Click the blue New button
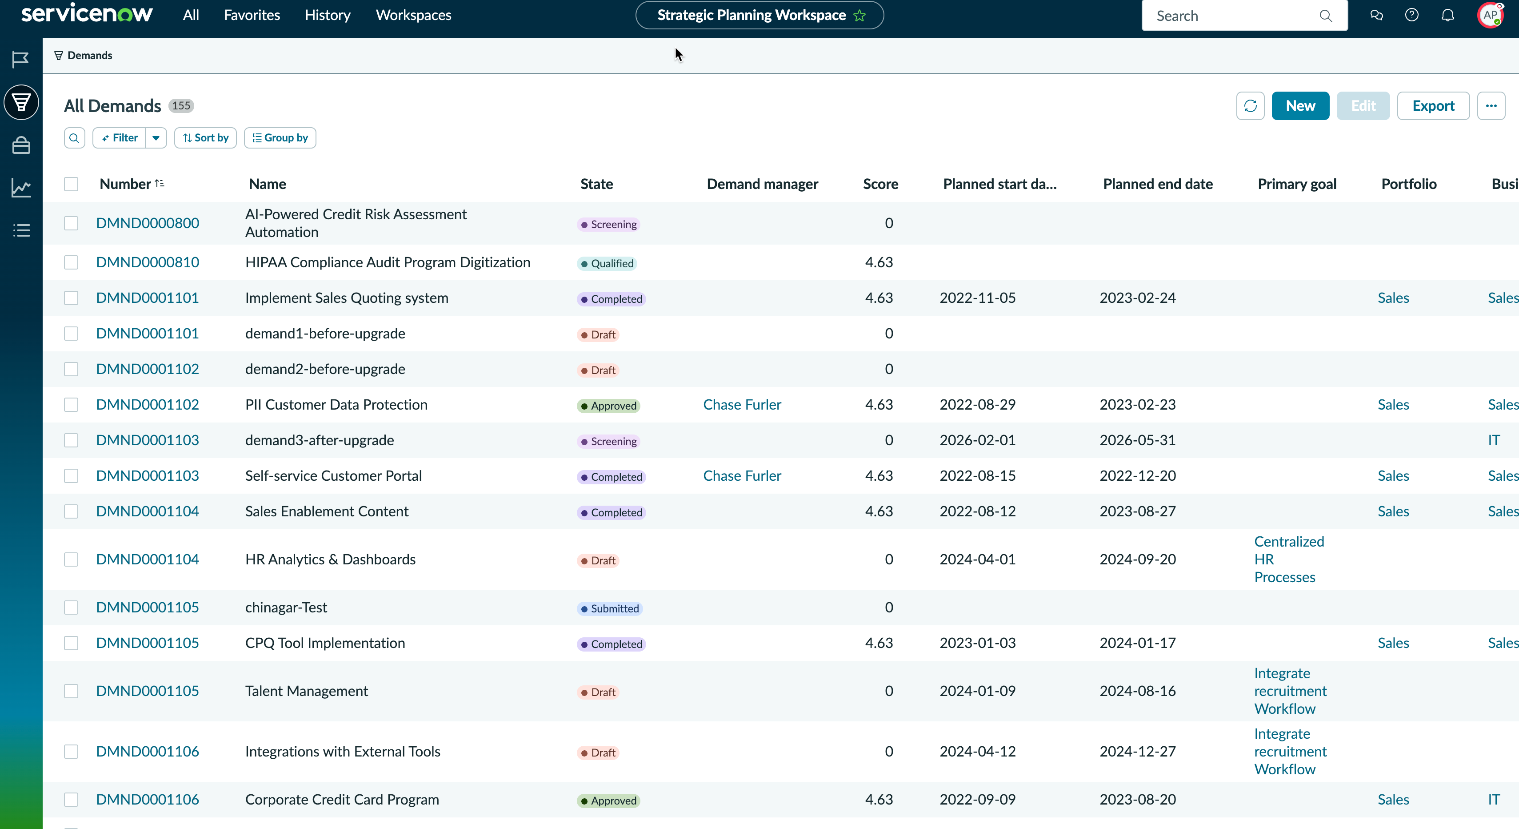[x=1299, y=105]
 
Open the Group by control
[x=280, y=137]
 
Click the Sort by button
[x=205, y=137]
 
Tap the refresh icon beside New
[x=1250, y=105]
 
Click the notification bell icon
[x=1447, y=15]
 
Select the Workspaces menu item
[x=413, y=15]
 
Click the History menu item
[x=327, y=15]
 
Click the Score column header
[x=880, y=184]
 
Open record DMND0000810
[x=148, y=262]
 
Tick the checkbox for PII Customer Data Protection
[x=72, y=405]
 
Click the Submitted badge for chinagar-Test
[x=610, y=608]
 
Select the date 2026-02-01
[x=978, y=440]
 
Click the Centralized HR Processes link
[x=1289, y=559]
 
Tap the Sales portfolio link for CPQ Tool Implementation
[x=1393, y=643]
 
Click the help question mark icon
[x=1412, y=15]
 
